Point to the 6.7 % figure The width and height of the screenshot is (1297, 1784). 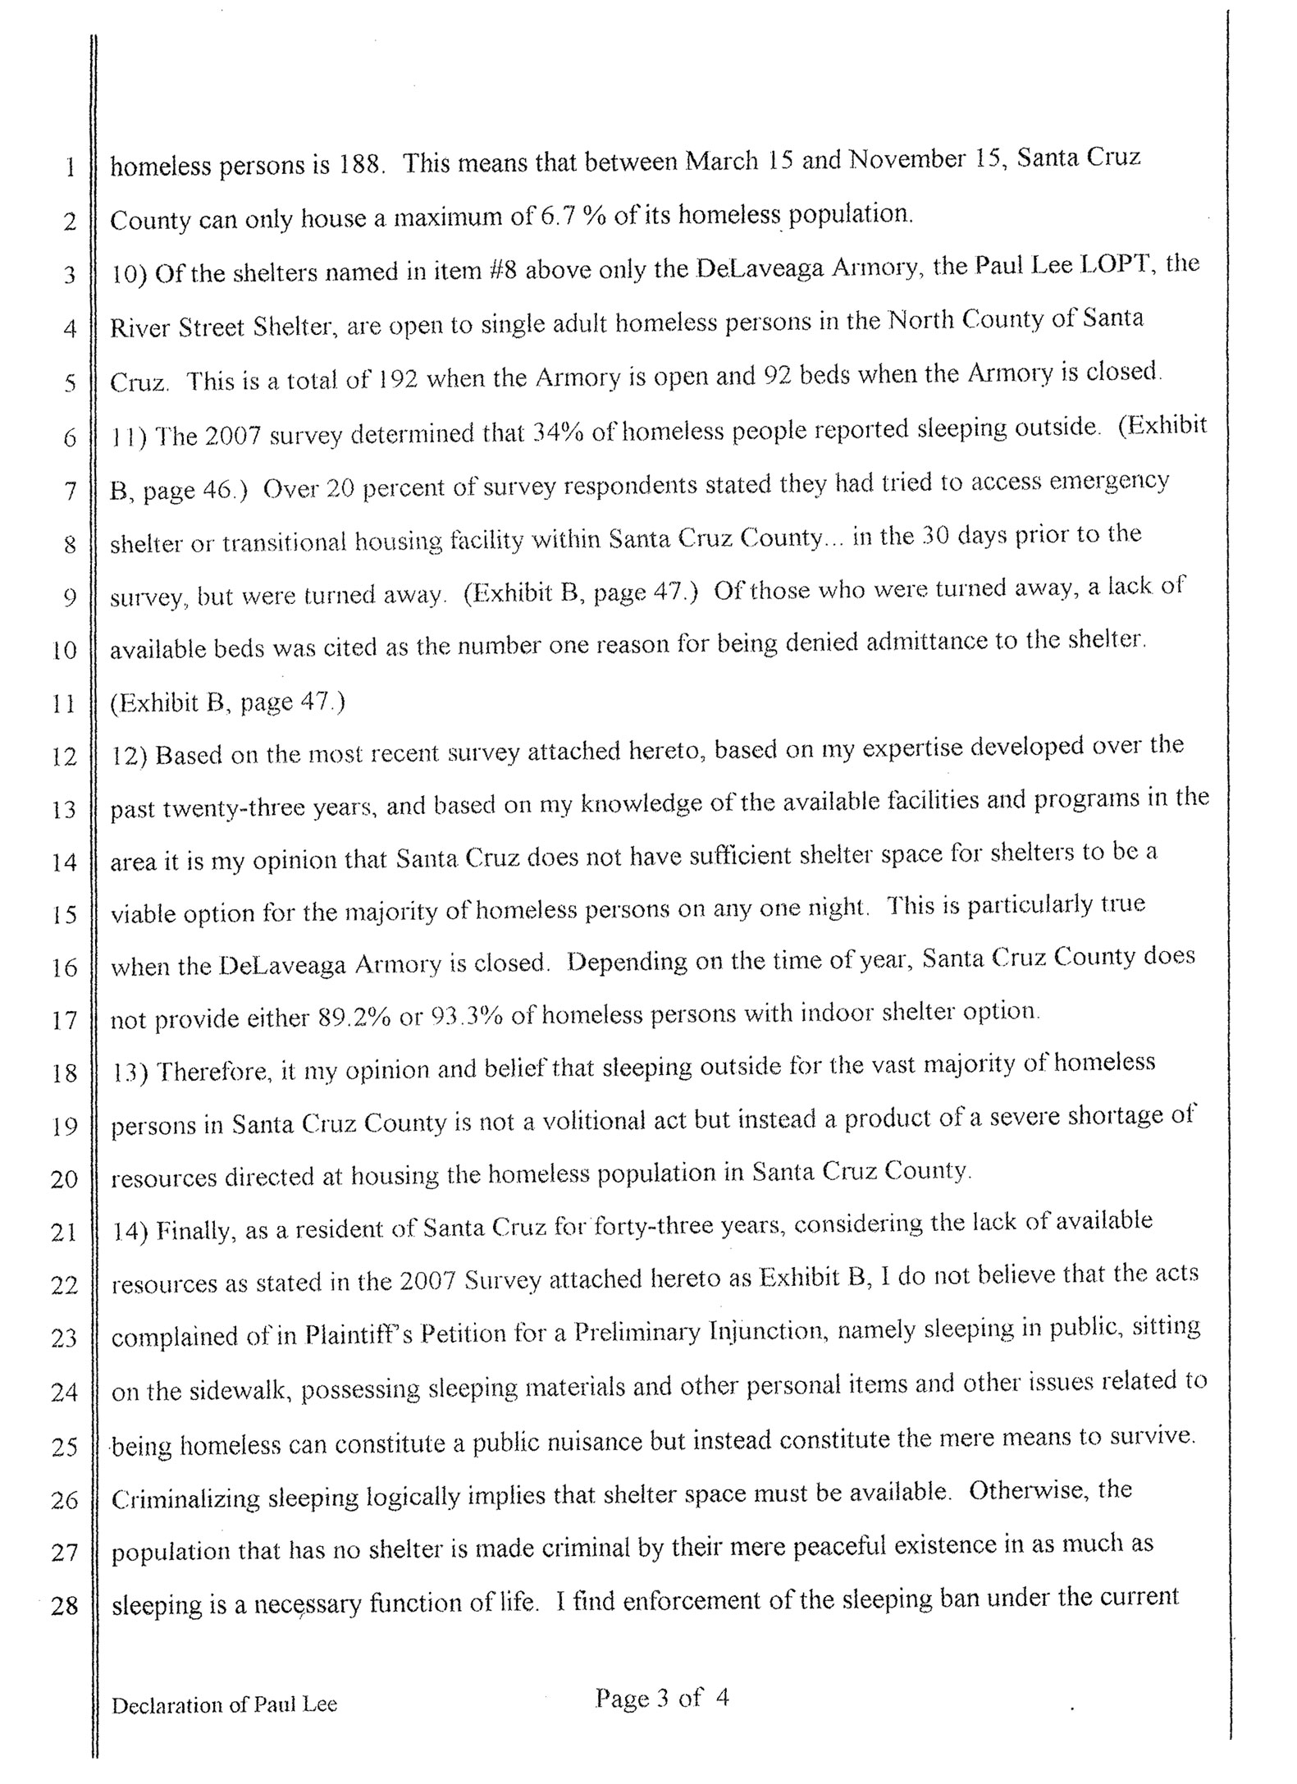click(571, 217)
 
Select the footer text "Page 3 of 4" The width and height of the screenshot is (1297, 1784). click(662, 1697)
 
